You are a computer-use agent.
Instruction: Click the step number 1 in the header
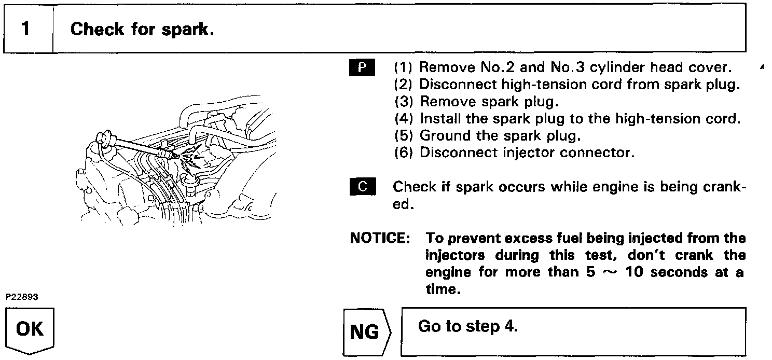(26, 29)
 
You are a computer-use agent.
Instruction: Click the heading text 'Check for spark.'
(142, 29)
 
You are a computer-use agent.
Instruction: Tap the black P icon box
(362, 67)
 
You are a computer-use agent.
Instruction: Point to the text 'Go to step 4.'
(467, 327)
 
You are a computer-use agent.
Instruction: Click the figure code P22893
(22, 297)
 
